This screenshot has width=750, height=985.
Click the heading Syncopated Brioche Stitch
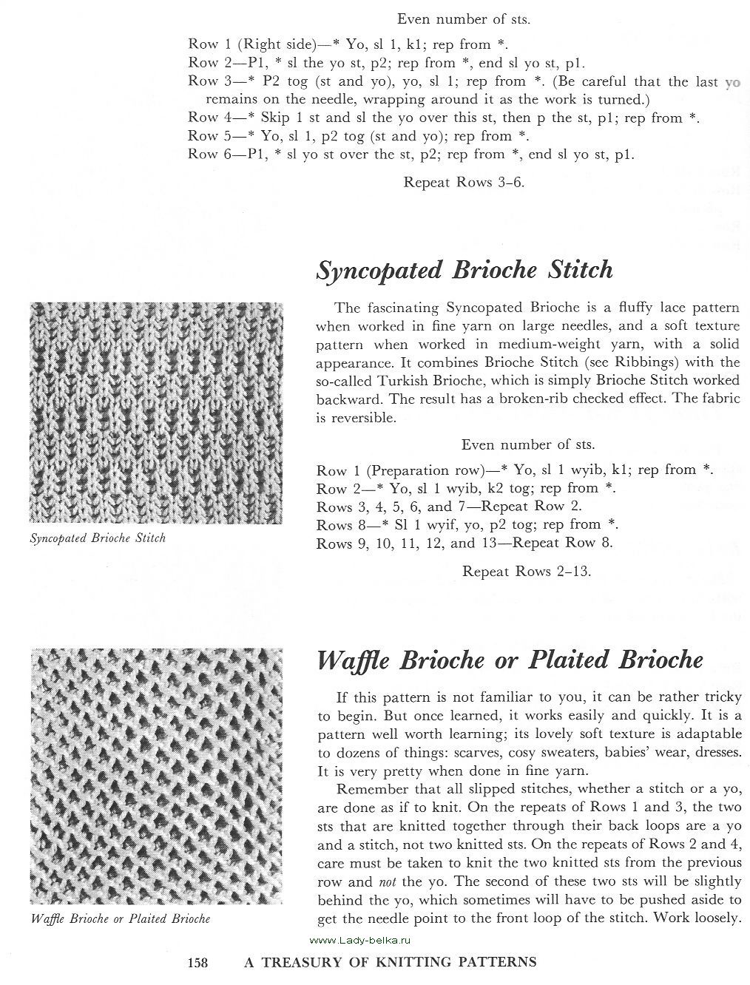click(x=464, y=270)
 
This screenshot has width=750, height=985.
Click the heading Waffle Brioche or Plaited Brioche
click(x=510, y=660)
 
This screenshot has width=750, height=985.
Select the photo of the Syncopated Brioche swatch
click(x=156, y=413)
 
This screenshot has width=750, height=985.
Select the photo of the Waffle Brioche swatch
click(x=156, y=776)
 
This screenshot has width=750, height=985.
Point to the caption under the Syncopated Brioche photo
click(x=98, y=538)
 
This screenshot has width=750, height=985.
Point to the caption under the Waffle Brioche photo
click(x=121, y=918)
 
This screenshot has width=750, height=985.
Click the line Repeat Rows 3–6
click(x=464, y=182)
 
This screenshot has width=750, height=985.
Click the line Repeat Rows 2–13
click(x=526, y=571)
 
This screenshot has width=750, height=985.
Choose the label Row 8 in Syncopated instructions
click(x=337, y=525)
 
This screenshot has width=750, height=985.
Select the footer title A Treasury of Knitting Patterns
click(x=390, y=962)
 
